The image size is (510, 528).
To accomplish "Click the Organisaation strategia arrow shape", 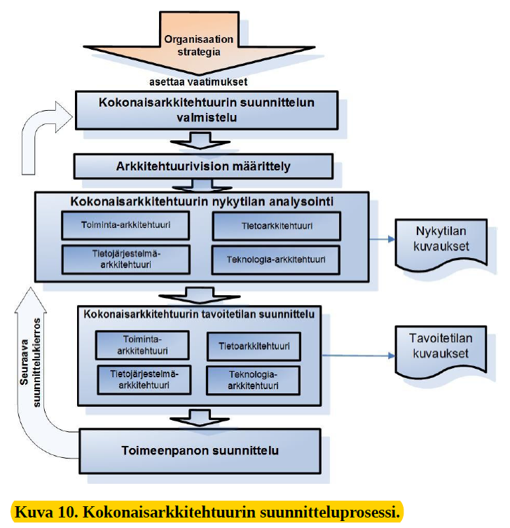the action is tap(199, 43).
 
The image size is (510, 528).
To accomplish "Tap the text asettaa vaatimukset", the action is tap(198, 82).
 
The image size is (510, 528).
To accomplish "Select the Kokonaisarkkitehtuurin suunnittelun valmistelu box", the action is tap(207, 110).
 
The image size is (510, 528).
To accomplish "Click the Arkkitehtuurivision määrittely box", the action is tap(203, 166).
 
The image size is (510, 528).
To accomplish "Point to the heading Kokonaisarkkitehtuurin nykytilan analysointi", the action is tap(202, 201).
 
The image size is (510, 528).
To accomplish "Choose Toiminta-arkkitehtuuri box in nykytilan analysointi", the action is tap(125, 225).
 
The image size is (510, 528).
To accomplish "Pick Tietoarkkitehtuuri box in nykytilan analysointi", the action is tap(277, 226).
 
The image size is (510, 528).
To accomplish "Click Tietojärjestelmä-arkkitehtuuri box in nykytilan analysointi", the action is tap(126, 259).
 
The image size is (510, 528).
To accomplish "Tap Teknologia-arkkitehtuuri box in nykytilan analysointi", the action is tap(276, 259).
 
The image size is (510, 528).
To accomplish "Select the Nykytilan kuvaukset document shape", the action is tap(441, 244).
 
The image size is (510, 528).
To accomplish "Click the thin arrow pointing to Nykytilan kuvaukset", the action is tap(382, 239).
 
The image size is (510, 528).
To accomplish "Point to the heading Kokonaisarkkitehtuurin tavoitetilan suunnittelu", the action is tap(199, 314).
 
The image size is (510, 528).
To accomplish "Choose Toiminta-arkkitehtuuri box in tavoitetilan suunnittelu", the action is tap(142, 345).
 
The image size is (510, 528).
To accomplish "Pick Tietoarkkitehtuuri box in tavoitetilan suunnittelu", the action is tap(254, 346).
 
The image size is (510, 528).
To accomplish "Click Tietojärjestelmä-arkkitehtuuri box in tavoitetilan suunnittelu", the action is tap(144, 379).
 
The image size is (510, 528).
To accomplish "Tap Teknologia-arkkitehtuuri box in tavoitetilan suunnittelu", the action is tap(253, 380).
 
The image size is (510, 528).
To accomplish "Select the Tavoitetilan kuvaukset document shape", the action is tap(441, 351).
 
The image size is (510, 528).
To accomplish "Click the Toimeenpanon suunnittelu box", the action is tap(200, 451).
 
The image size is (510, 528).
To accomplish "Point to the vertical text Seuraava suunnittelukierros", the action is tap(30, 363).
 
